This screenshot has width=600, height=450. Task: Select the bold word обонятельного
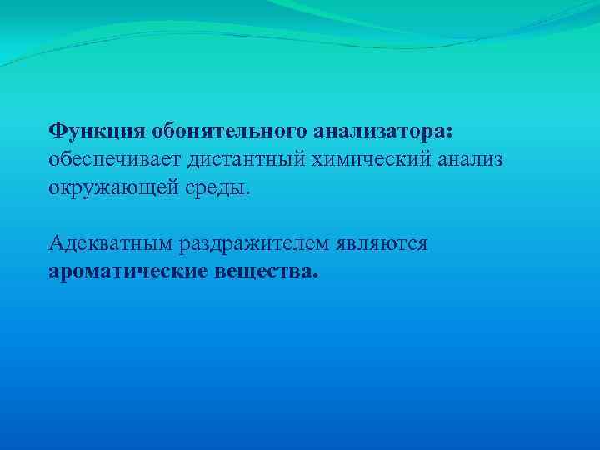[x=228, y=131]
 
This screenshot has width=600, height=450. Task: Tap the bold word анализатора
[x=382, y=131]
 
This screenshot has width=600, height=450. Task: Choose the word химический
[x=392, y=158]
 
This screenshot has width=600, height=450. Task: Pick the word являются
[x=383, y=243]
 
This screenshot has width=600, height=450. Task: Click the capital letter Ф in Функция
[x=57, y=131]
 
